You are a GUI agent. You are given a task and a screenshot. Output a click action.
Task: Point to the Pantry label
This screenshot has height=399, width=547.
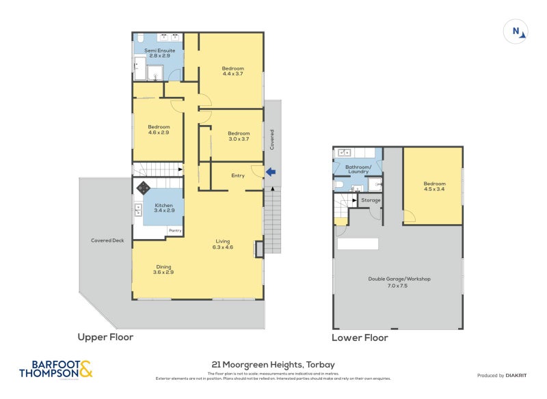point(175,232)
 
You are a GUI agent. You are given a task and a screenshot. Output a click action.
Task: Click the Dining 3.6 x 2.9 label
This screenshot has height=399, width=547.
point(163,269)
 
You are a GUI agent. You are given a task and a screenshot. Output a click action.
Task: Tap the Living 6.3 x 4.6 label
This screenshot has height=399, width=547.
point(223,243)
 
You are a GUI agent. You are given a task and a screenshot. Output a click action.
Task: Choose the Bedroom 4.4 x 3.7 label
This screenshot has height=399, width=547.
point(232,70)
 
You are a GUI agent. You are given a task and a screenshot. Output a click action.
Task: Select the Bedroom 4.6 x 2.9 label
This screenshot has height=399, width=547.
point(159,129)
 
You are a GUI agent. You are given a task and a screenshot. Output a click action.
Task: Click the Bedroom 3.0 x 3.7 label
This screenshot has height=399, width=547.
point(239,136)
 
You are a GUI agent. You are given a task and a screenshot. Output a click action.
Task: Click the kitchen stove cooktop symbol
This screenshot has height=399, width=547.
point(144,187)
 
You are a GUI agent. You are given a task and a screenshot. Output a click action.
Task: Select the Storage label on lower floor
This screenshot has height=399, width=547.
point(371,200)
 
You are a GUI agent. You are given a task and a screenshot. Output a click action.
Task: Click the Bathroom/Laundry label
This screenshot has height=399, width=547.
point(358,169)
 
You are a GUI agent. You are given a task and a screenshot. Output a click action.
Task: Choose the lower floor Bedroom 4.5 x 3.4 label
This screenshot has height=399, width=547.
point(434,186)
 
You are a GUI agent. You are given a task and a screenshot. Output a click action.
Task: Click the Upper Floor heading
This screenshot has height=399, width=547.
point(105,337)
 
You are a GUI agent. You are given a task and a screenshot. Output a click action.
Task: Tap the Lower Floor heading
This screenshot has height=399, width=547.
point(360,338)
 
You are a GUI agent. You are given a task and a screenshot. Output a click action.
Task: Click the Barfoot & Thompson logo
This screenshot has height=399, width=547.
point(55,369)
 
